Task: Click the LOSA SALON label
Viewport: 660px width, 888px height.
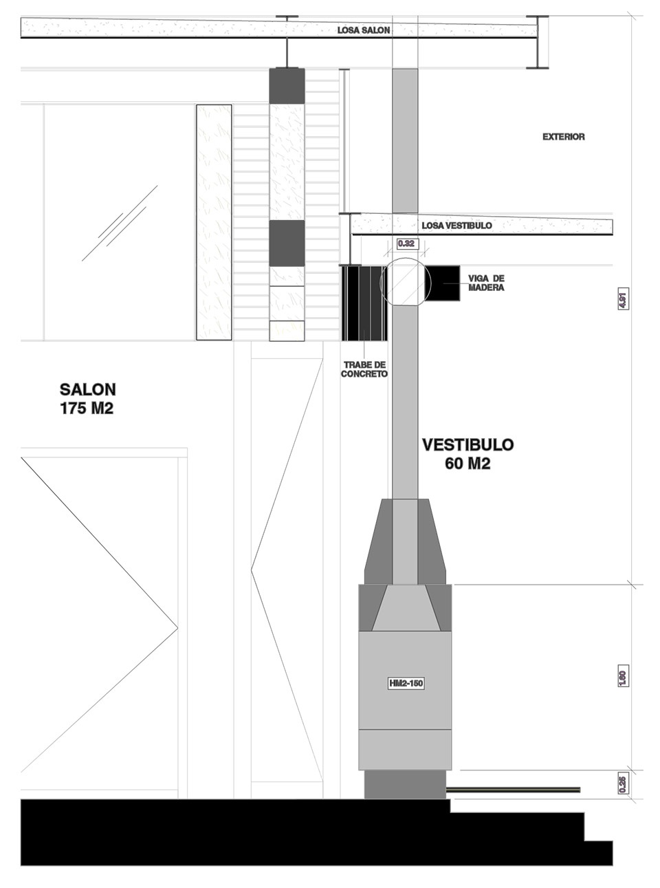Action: click(x=363, y=30)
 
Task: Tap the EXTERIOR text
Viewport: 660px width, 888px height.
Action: click(x=563, y=137)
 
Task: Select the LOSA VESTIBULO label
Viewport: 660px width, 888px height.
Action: click(x=456, y=226)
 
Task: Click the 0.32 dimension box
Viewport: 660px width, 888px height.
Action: click(x=406, y=243)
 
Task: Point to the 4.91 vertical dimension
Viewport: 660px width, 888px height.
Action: click(x=623, y=299)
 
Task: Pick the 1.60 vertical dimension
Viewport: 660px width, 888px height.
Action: click(x=623, y=675)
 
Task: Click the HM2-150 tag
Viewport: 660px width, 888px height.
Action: click(x=406, y=683)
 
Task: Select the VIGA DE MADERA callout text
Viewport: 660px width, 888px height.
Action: click(x=486, y=283)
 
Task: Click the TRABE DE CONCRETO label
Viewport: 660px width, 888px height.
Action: click(x=364, y=369)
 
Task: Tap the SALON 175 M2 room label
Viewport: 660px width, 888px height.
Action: click(x=87, y=399)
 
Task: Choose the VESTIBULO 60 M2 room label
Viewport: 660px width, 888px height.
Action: click(x=467, y=454)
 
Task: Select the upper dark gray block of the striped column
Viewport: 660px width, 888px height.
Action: click(x=287, y=86)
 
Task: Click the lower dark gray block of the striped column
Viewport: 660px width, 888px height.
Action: click(x=287, y=243)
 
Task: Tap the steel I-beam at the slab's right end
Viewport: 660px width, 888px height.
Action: click(x=537, y=42)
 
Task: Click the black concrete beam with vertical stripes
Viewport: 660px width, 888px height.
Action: click(x=364, y=303)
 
